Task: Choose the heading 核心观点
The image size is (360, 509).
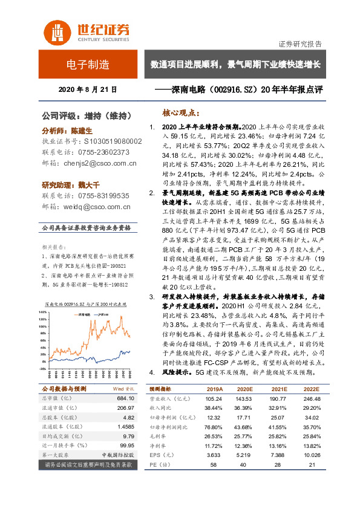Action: click(x=182, y=113)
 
